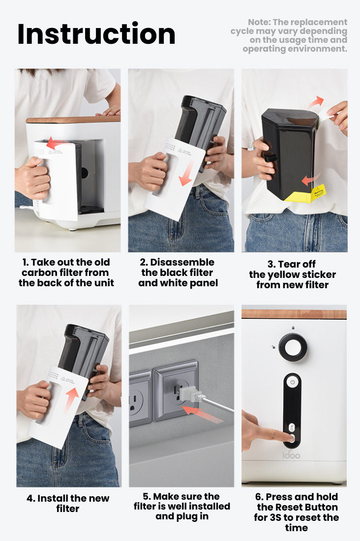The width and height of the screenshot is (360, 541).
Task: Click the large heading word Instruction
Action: point(96,34)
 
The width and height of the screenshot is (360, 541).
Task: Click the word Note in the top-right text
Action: point(259,22)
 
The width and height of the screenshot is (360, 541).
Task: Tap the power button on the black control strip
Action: point(292,382)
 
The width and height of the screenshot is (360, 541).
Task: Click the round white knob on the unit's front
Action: point(292,347)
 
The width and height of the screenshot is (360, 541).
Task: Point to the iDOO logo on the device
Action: point(291,455)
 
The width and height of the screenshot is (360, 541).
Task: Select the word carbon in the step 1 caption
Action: point(41,272)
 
